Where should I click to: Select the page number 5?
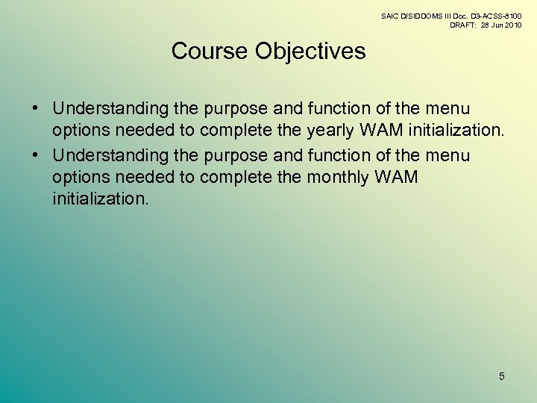coord(501,376)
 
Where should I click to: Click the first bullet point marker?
coord(36,110)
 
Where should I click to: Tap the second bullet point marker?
coord(36,155)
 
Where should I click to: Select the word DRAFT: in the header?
coord(464,25)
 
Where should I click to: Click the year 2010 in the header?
coord(512,25)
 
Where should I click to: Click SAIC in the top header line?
coord(390,15)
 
